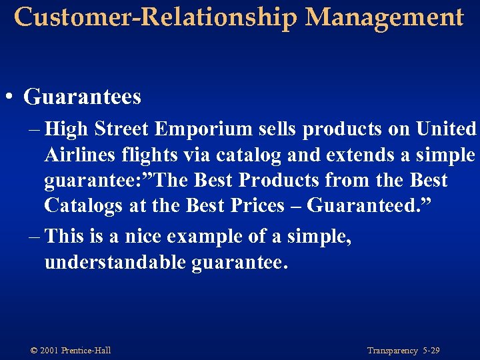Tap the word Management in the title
385,17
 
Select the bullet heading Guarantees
83,97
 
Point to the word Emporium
211,129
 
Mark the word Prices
255,206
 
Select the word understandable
115,262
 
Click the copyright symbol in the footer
33,351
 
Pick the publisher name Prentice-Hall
86,351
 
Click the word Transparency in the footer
392,351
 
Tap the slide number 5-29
431,351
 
